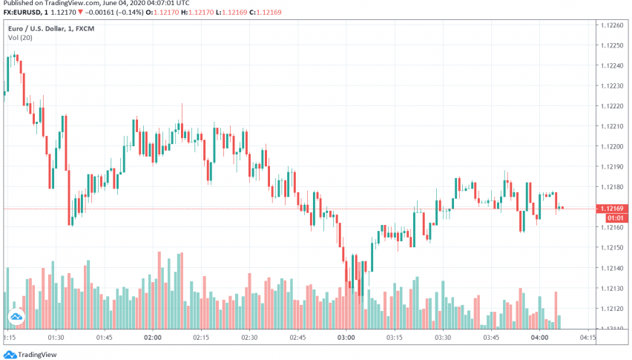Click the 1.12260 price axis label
[x=612, y=24]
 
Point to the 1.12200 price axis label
[x=612, y=146]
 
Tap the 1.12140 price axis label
[x=612, y=268]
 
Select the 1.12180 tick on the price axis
[x=612, y=187]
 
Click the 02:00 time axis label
[x=153, y=337]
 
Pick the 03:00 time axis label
[x=346, y=337]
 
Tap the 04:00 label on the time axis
[x=539, y=337]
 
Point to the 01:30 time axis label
[x=56, y=337]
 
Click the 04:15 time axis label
[x=587, y=337]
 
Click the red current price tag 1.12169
[x=613, y=209]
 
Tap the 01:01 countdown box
[x=613, y=218]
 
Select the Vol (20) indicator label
[x=20, y=37]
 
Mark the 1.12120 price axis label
[x=612, y=309]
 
